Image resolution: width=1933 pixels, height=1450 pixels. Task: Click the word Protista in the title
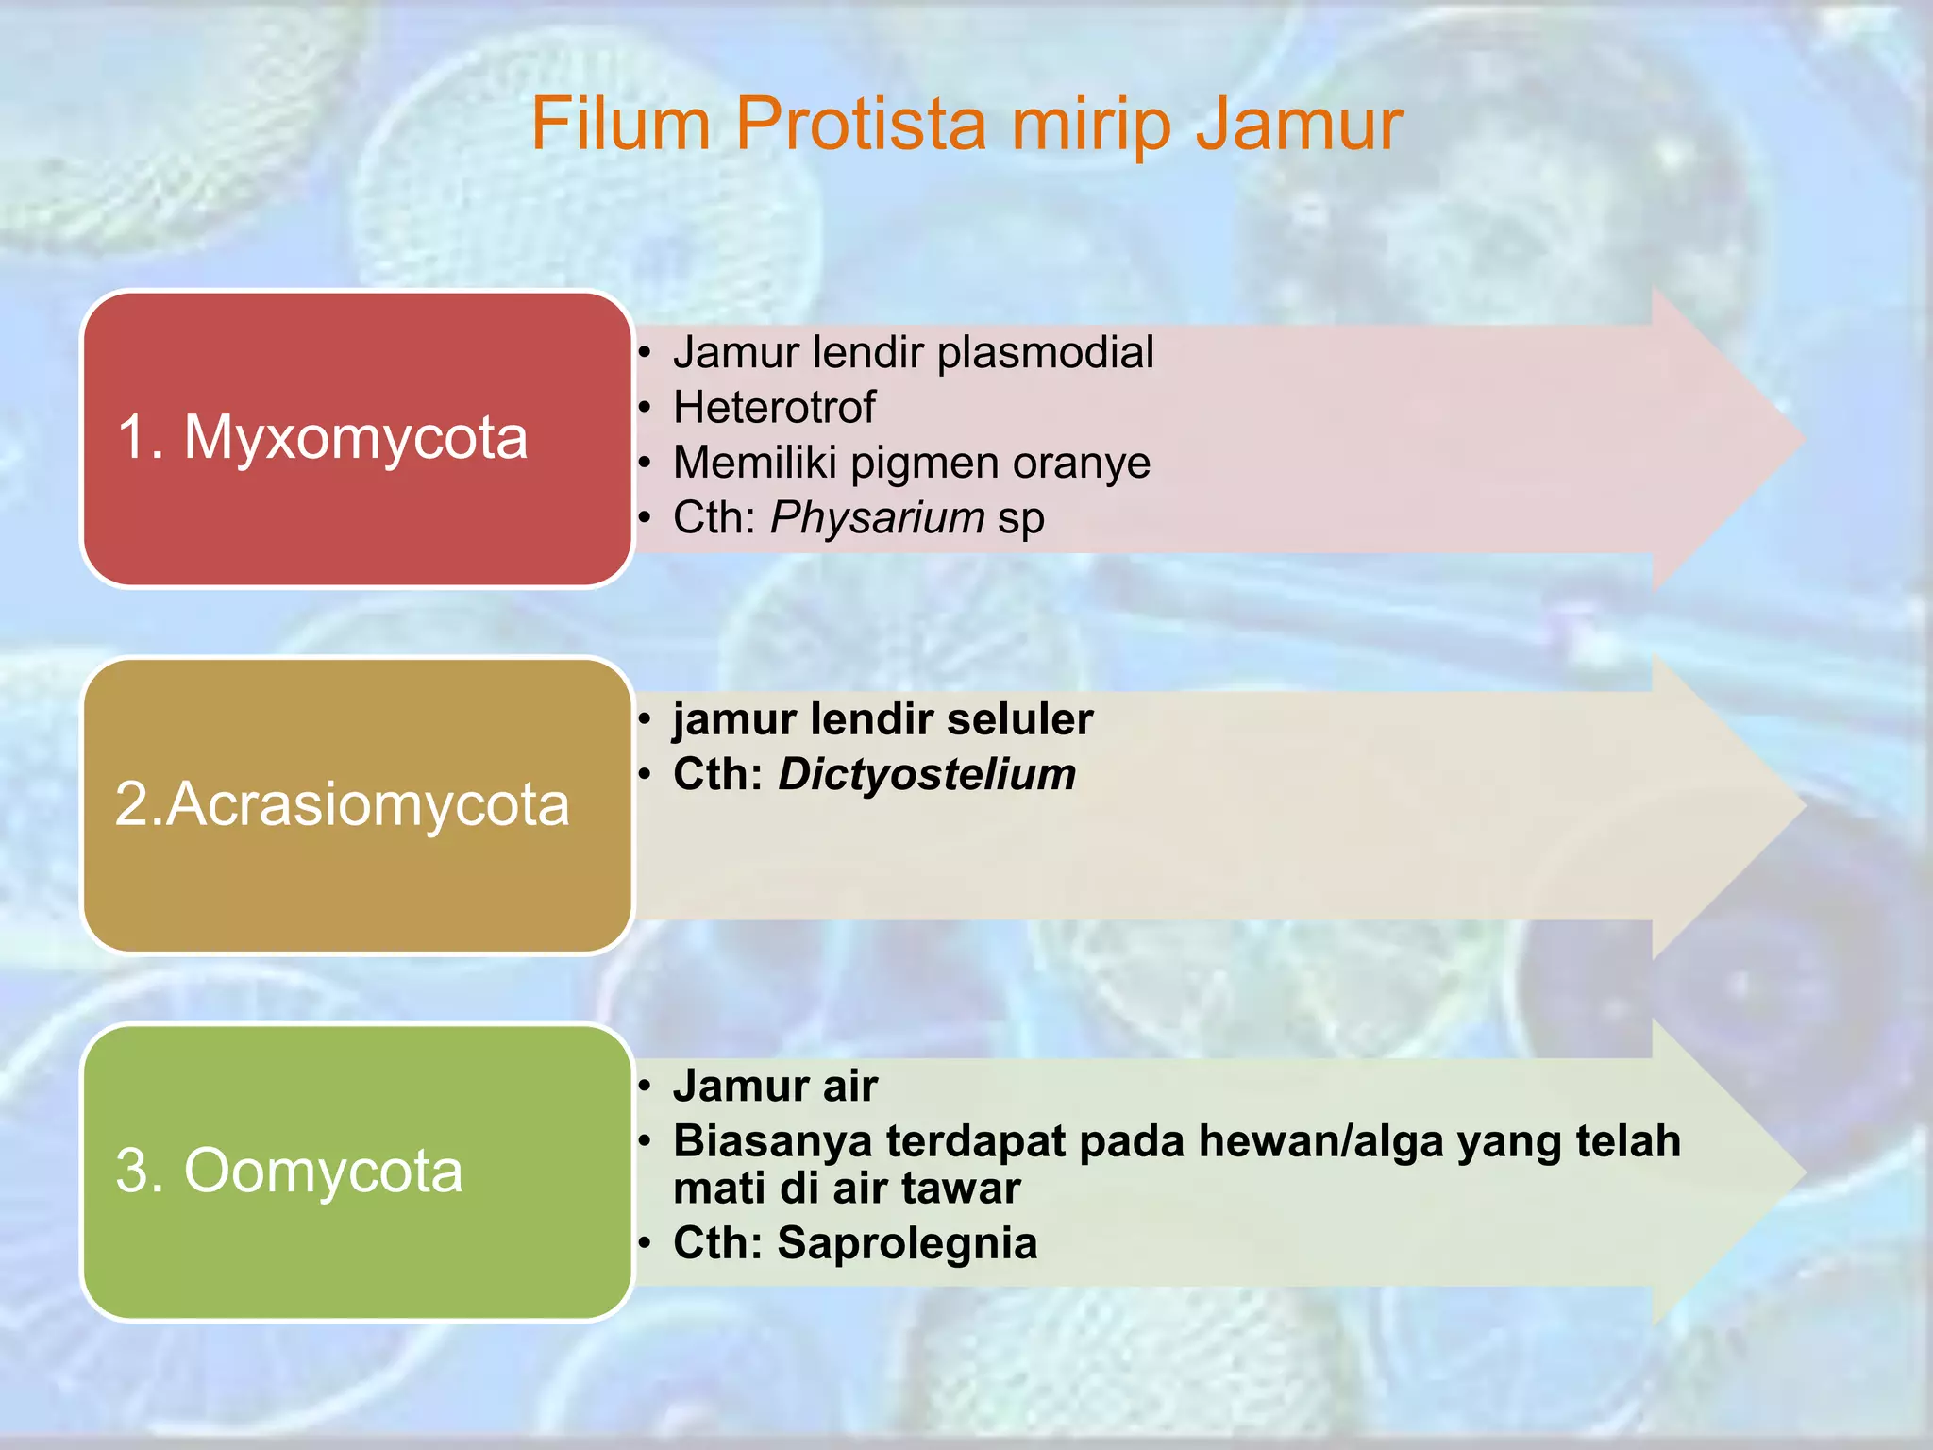(x=860, y=125)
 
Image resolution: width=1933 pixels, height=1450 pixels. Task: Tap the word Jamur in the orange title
(x=1299, y=125)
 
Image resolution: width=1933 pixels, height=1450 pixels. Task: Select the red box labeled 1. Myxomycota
(x=357, y=438)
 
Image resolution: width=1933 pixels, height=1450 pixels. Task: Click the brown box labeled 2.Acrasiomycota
(x=357, y=804)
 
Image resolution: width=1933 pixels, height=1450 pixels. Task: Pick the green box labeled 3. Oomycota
(x=357, y=1171)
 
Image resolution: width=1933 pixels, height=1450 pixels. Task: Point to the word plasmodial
(x=1045, y=353)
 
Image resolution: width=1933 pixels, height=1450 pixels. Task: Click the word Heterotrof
(x=774, y=408)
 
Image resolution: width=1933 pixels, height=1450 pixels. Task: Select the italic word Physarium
(x=877, y=518)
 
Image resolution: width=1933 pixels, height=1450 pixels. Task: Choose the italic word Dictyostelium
(x=927, y=775)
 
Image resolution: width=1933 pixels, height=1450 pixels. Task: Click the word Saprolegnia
(x=907, y=1243)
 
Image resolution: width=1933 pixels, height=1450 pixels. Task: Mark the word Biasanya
(x=772, y=1141)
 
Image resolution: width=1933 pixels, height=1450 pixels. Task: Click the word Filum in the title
(x=620, y=125)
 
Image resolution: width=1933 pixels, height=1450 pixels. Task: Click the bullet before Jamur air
(x=645, y=1087)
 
